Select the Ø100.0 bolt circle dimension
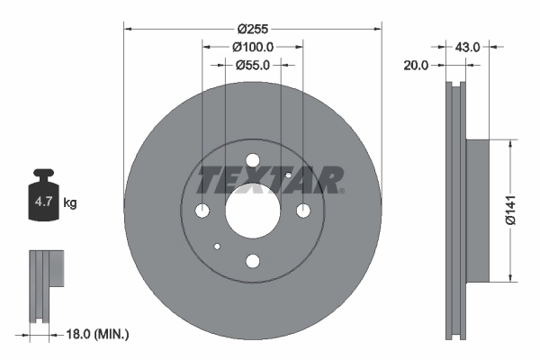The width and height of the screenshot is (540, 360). [252, 47]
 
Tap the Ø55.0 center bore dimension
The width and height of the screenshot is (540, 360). [253, 65]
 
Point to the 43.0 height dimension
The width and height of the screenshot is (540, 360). [468, 44]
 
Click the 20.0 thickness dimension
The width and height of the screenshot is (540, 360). [416, 65]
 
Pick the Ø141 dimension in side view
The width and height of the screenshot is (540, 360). [509, 210]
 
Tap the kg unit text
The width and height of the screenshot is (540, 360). [70, 204]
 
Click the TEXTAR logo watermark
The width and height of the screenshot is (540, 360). [270, 180]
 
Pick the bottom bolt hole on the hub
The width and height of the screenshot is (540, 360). [252, 262]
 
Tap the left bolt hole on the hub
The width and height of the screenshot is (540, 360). [202, 211]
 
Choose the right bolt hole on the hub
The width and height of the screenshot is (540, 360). [303, 211]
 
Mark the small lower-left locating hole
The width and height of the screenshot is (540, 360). [217, 247]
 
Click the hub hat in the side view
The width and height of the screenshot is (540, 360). [477, 210]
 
